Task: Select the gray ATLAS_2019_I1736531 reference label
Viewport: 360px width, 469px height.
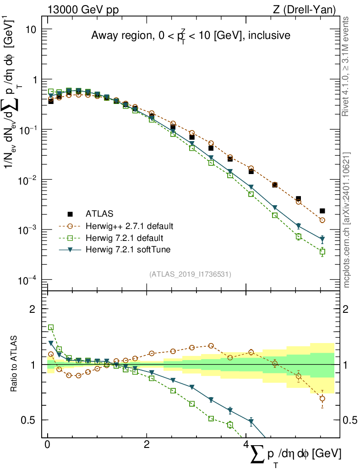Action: pyautogui.click(x=190, y=274)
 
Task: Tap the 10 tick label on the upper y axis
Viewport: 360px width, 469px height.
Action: pyautogui.click(x=30, y=29)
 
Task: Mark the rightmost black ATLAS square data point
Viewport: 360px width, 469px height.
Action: pyautogui.click(x=322, y=211)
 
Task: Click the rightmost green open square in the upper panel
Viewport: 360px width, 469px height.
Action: pyautogui.click(x=322, y=251)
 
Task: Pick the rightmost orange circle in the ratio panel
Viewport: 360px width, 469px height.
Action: pyautogui.click(x=322, y=398)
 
